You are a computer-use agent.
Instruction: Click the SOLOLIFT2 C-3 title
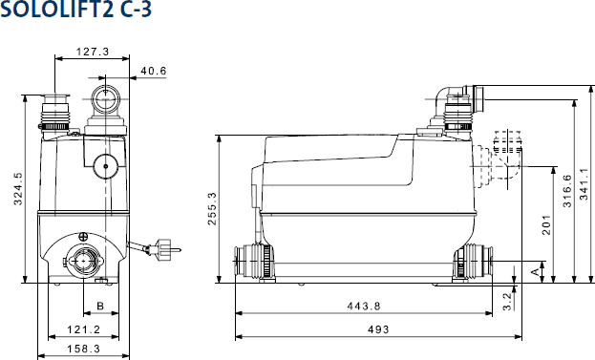pyautogui.click(x=75, y=10)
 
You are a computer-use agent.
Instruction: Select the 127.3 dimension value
pyautogui.click(x=93, y=52)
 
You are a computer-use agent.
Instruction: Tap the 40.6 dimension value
pyautogui.click(x=154, y=71)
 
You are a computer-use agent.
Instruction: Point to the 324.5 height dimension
pyautogui.click(x=18, y=188)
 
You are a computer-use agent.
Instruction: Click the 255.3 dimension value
pyautogui.click(x=212, y=208)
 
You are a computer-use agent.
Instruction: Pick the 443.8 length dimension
pyautogui.click(x=364, y=306)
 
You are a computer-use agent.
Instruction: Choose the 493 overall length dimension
pyautogui.click(x=378, y=329)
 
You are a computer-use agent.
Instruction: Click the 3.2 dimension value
pyautogui.click(x=507, y=302)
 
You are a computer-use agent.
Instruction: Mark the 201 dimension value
pyautogui.click(x=545, y=225)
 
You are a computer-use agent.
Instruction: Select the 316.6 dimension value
pyautogui.click(x=567, y=191)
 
